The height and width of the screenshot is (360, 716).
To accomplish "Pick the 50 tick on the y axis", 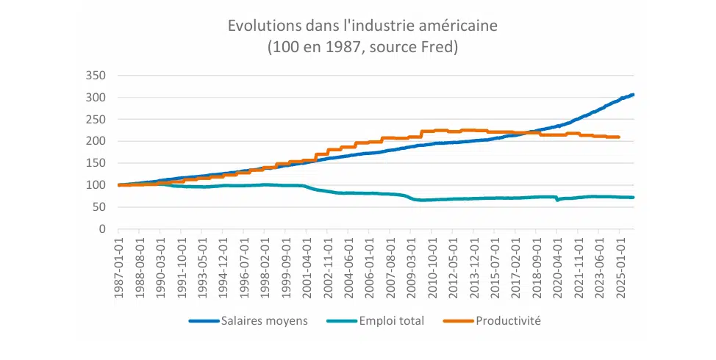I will (x=100, y=207).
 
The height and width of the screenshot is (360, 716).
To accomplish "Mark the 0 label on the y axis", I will (x=103, y=229).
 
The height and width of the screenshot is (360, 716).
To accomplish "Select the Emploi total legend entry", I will (x=391, y=321).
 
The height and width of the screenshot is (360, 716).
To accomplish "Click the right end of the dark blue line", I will (x=633, y=95).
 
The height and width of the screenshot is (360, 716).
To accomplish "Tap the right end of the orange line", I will (x=619, y=137).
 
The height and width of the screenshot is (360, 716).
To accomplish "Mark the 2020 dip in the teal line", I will (x=556, y=200).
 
